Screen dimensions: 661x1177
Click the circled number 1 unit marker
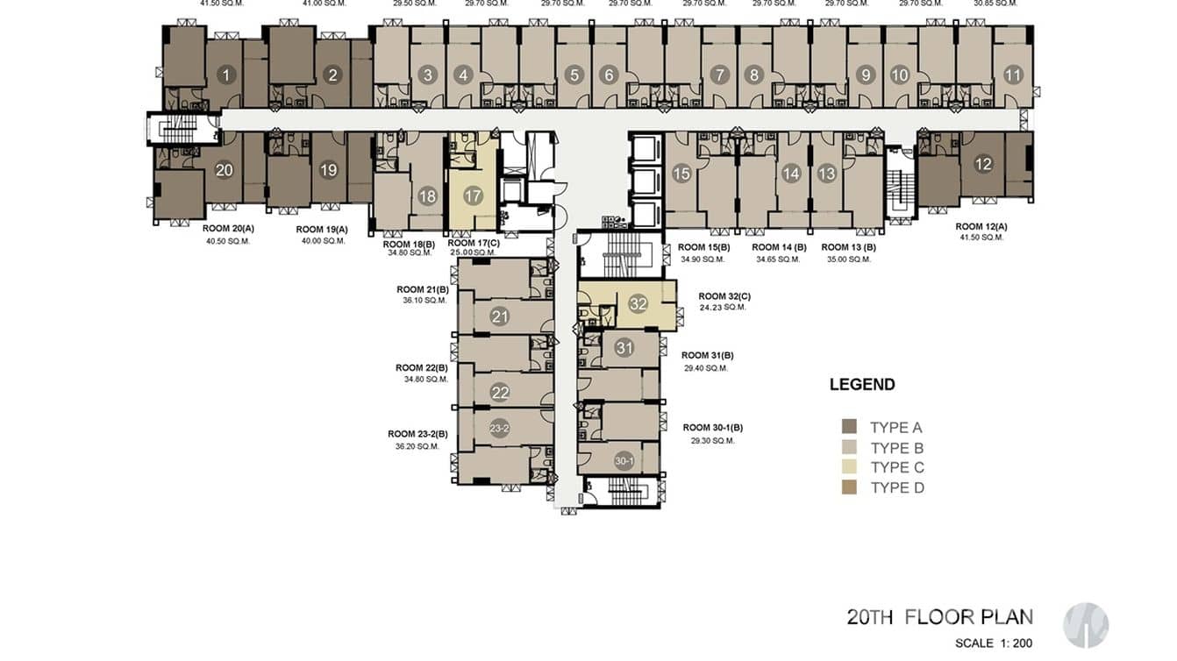click(226, 75)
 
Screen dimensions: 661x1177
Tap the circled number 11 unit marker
click(1013, 75)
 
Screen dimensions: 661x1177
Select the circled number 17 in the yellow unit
click(474, 195)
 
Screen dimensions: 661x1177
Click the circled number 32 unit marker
click(638, 304)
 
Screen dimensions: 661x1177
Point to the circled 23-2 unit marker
click(499, 429)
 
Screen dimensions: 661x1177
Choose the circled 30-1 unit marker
click(624, 461)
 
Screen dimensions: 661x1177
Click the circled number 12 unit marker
click(983, 163)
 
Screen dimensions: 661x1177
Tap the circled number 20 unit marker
click(224, 170)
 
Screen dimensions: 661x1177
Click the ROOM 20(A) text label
click(227, 228)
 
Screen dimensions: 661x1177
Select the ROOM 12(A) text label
click(981, 226)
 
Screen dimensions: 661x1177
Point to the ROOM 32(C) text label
click(724, 296)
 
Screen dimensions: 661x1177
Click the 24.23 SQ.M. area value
click(724, 308)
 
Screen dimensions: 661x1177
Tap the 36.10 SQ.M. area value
click(424, 301)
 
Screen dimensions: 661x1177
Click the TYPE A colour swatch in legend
click(849, 427)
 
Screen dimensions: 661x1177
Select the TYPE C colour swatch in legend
click(849, 467)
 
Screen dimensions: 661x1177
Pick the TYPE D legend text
click(896, 487)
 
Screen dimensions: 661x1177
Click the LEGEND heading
click(862, 384)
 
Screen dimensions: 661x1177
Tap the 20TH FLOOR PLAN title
click(939, 616)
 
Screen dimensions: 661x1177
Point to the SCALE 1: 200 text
click(994, 643)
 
